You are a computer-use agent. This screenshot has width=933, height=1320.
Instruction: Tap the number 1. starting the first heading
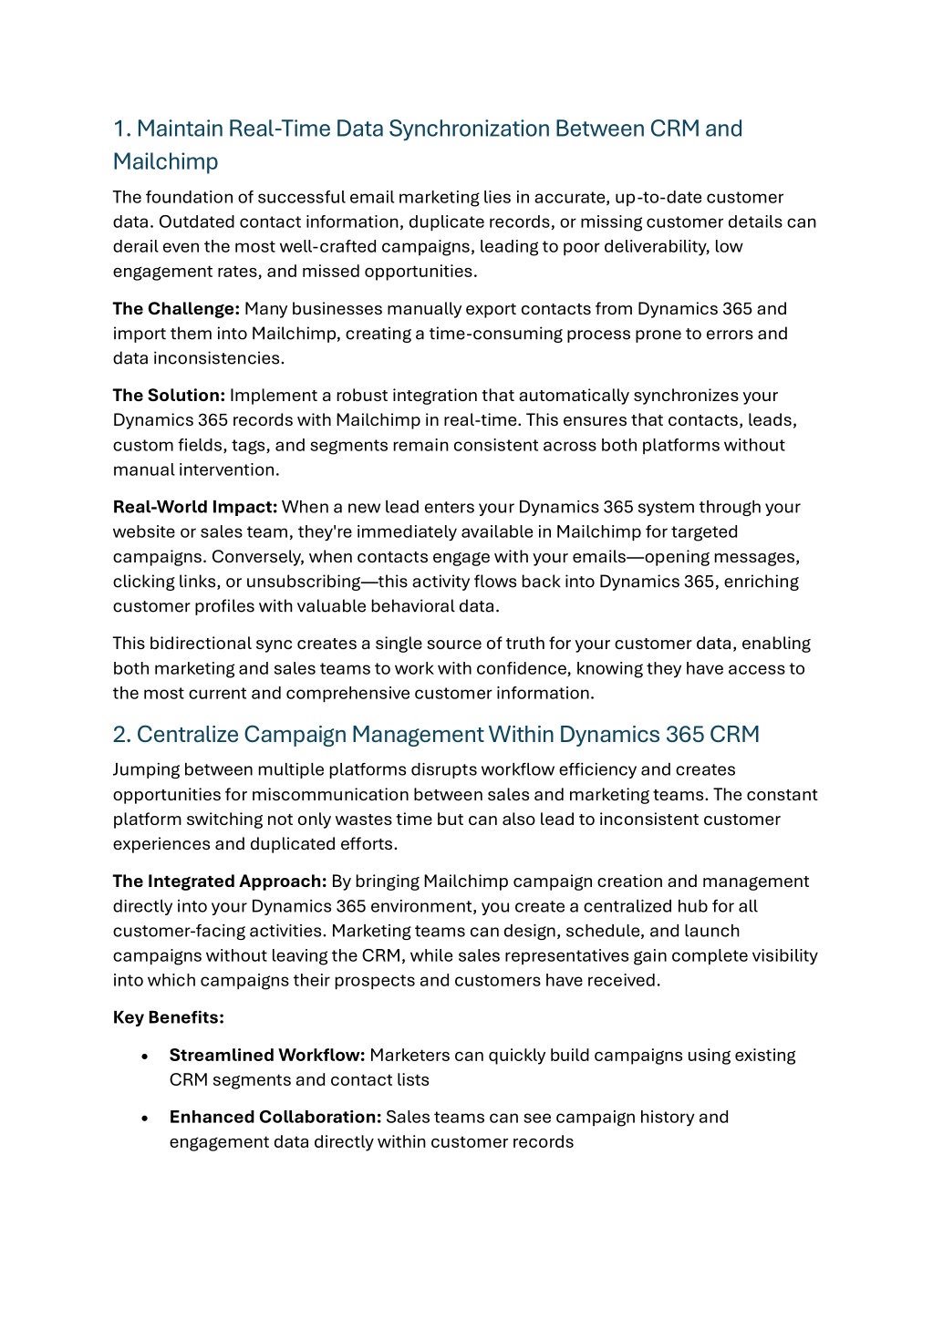click(122, 129)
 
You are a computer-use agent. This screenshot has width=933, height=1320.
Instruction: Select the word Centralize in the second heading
click(187, 735)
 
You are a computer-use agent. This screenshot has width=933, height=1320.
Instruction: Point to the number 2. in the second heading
click(122, 735)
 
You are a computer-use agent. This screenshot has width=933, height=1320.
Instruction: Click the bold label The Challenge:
click(176, 309)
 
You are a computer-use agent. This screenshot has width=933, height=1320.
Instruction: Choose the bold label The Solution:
click(169, 396)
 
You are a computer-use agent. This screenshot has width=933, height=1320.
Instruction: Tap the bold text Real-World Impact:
click(195, 507)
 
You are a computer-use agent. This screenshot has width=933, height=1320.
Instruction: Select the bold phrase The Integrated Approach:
click(220, 882)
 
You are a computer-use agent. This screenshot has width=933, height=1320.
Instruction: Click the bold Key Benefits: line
click(169, 1017)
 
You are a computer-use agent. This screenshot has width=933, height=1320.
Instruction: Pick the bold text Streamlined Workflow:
click(267, 1056)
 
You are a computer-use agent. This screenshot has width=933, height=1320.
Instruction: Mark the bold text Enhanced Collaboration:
click(275, 1118)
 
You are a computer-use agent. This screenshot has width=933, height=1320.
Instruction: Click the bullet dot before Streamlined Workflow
click(145, 1057)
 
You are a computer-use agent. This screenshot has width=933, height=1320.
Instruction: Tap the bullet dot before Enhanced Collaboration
click(145, 1119)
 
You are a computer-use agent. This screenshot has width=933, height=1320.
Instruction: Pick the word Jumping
click(146, 770)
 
